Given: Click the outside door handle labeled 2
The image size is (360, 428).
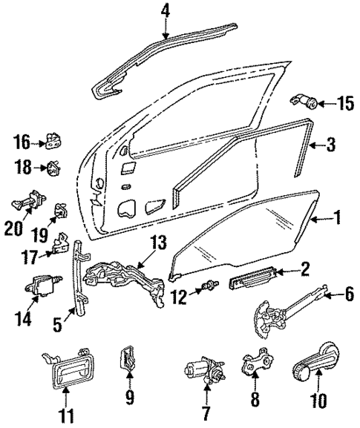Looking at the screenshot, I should [252, 279].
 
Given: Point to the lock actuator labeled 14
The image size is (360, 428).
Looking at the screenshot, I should [41, 284].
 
